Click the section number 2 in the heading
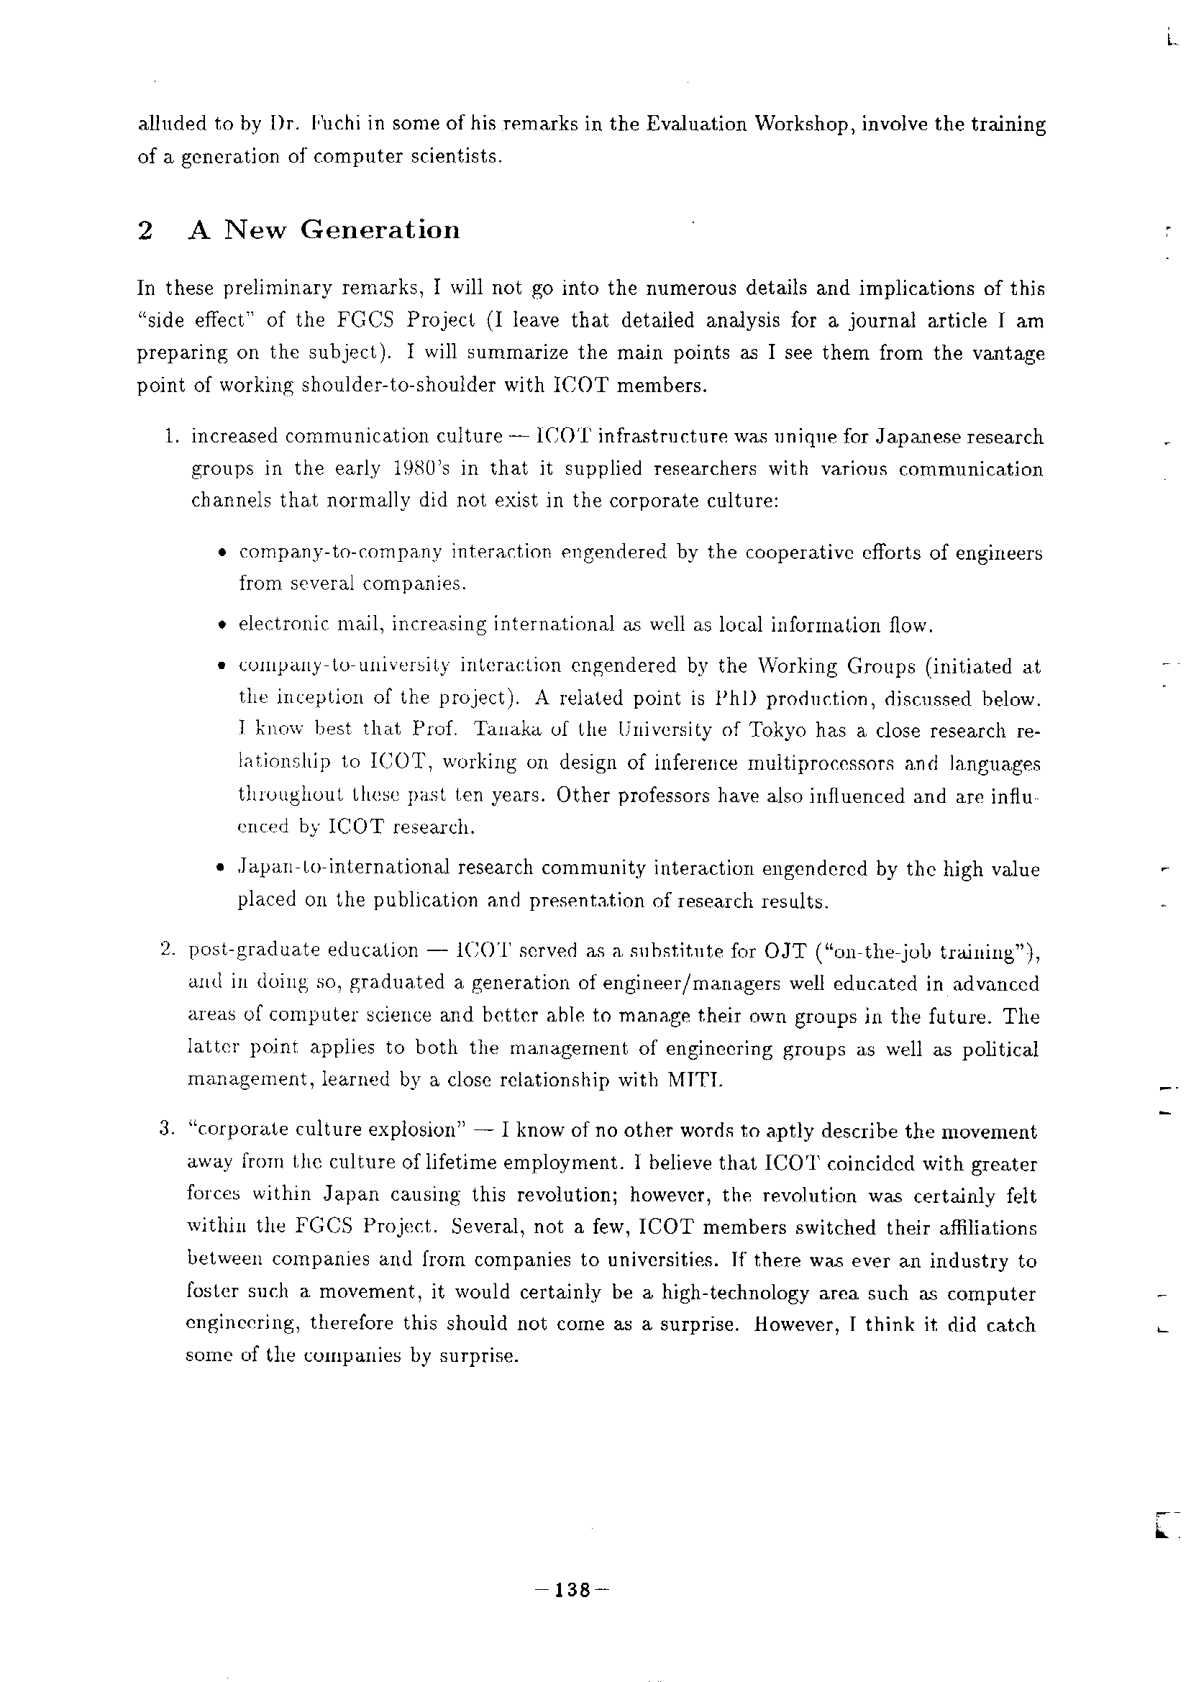(145, 231)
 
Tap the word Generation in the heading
(380, 230)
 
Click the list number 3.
(165, 1131)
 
